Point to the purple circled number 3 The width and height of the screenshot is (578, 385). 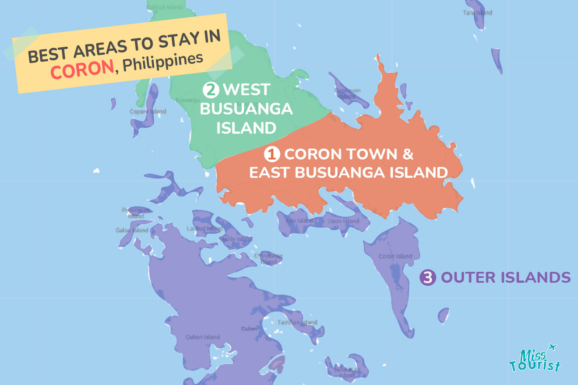[428, 278]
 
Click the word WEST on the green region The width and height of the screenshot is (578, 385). [246, 90]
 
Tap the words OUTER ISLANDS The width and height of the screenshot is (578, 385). [505, 277]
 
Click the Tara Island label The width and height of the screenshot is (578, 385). [477, 13]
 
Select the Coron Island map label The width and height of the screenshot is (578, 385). [395, 256]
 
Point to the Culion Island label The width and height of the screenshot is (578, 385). [203, 337]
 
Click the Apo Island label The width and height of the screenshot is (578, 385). [300, 221]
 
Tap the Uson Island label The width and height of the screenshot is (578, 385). [343, 221]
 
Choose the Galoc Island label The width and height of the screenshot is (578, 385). [132, 230]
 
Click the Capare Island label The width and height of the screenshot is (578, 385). [148, 112]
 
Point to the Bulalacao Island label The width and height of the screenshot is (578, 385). [347, 372]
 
